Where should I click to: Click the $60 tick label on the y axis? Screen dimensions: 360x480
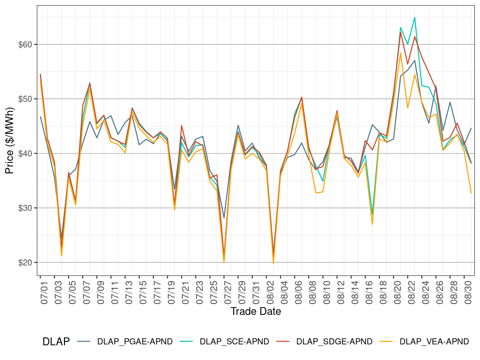[x=25, y=45]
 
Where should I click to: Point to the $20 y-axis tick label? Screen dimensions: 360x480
[x=25, y=262]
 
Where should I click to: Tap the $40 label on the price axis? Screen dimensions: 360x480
[x=25, y=154]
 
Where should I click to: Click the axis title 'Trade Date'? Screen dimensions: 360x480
[x=256, y=311]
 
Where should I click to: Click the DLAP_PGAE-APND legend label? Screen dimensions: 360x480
[x=135, y=341]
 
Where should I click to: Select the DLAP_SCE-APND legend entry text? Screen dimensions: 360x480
[x=234, y=341]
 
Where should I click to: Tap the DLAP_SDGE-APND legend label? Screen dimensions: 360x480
[x=334, y=341]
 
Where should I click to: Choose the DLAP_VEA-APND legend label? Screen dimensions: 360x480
[x=434, y=341]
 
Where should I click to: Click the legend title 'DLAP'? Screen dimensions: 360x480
[x=56, y=341]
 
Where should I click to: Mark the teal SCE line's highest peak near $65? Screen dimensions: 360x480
[x=415, y=17]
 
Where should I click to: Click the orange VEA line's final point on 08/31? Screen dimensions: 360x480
[x=471, y=193]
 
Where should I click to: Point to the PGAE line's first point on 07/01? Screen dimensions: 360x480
[x=40, y=116]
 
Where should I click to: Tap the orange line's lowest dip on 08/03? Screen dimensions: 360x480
[x=274, y=264]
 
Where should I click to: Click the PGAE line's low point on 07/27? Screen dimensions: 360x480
[x=224, y=218]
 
